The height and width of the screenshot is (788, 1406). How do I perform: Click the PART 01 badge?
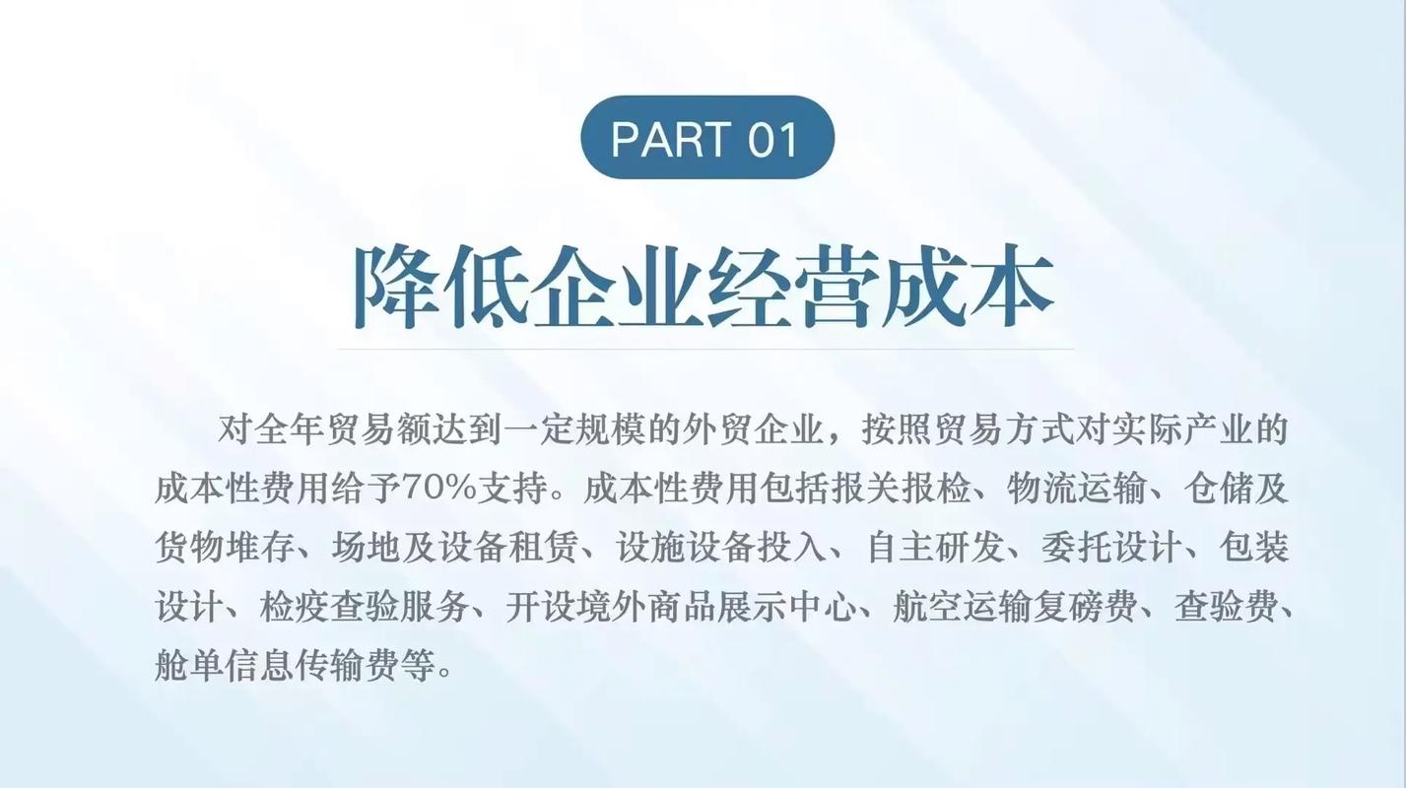[x=706, y=138]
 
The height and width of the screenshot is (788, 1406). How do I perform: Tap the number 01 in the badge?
[x=772, y=139]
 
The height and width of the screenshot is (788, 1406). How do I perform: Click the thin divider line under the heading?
[x=704, y=349]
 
